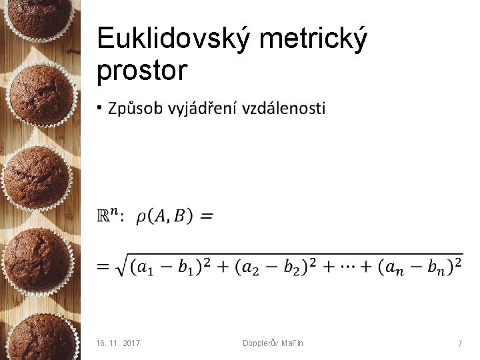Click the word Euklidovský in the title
[173, 39]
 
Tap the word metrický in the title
[313, 39]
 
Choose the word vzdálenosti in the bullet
[283, 108]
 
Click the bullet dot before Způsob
[99, 108]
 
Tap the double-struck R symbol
[105, 216]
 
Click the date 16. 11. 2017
[119, 343]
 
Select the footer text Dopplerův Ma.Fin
[273, 343]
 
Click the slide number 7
[459, 343]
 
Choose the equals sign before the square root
[103, 267]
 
